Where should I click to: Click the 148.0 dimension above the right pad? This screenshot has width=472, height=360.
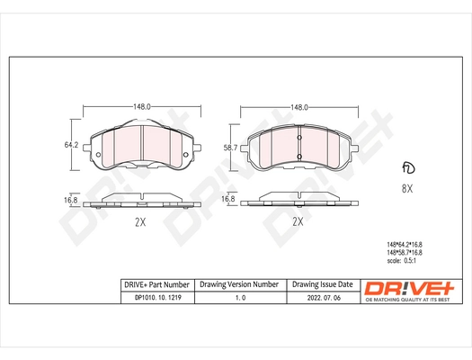(299, 106)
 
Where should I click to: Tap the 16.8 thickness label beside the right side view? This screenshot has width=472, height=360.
(228, 199)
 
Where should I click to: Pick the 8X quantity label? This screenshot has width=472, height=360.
(406, 190)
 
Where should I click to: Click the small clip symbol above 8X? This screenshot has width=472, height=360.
(407, 169)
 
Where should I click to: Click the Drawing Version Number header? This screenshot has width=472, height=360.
(238, 284)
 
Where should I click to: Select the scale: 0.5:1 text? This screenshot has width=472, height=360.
(408, 262)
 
